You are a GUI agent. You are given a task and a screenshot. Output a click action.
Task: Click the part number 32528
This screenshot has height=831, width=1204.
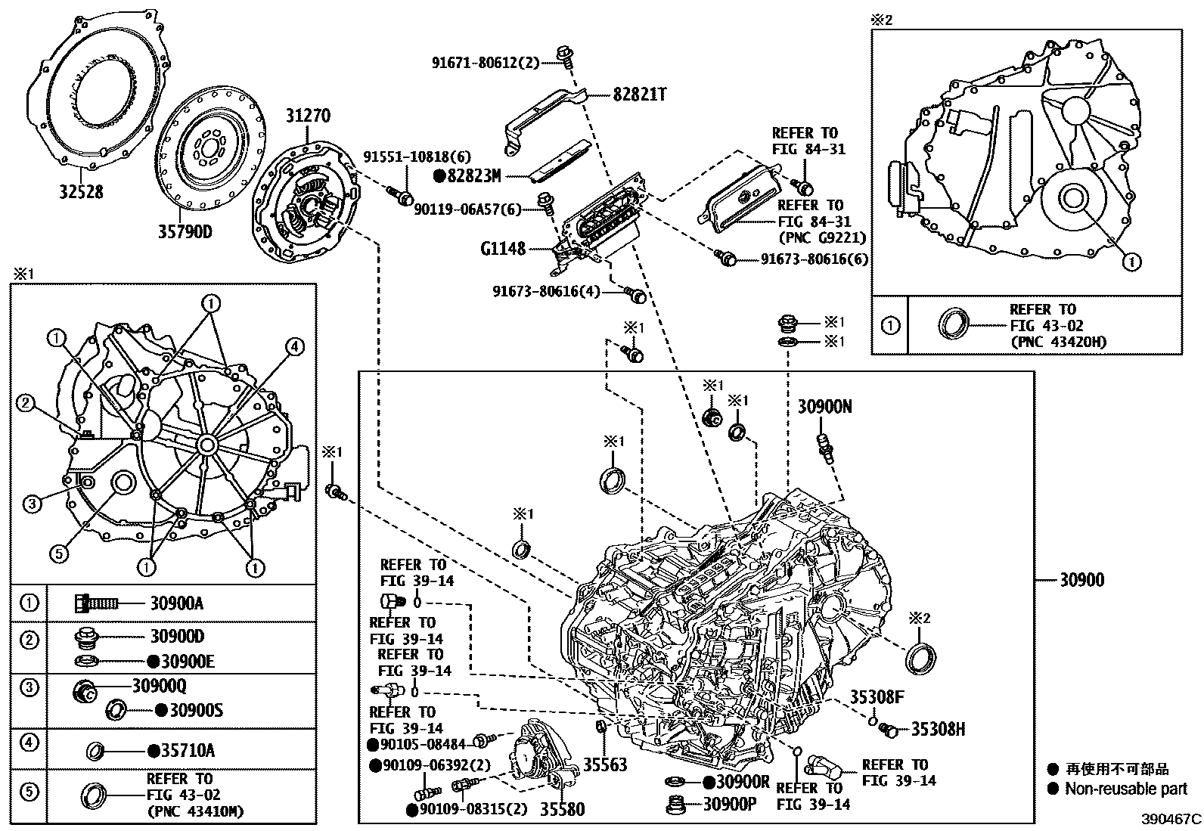coord(82,192)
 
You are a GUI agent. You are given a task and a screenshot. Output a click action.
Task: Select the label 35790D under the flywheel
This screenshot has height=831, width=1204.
coord(185,230)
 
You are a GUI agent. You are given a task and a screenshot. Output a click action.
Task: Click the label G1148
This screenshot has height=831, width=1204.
coord(502,249)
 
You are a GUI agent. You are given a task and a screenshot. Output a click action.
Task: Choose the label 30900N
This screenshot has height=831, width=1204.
coord(824,407)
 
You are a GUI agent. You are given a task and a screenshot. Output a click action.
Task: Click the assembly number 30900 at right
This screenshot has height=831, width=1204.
coord(1081,580)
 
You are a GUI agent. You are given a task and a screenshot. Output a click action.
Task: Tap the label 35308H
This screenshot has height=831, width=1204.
coord(938,729)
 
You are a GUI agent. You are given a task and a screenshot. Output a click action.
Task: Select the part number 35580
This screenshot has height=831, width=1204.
coord(562,810)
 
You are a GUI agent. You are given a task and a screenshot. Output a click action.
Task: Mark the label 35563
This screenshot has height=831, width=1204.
coord(604,765)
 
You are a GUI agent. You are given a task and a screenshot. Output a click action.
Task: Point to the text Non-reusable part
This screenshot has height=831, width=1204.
coord(1126,789)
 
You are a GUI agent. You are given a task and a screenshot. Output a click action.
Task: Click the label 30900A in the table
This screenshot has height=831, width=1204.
coord(176,603)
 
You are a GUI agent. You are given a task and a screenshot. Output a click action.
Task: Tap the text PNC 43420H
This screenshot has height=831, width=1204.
coord(1058,342)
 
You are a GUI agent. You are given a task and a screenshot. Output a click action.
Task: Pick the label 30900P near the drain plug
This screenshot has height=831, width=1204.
coord(730,805)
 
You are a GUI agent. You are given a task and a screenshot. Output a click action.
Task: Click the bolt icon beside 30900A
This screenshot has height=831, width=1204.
coord(95,603)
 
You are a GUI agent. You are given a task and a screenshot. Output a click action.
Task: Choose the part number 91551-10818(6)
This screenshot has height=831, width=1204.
coord(417,157)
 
